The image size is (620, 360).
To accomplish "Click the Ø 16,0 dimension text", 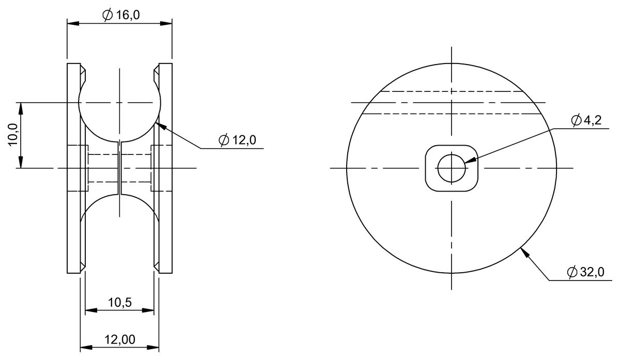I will [121, 15].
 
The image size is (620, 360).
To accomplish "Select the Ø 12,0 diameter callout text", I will [237, 140].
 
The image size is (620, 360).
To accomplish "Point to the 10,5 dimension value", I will [119, 302].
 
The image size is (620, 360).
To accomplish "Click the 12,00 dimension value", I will [120, 339].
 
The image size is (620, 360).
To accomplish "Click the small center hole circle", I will [451, 168].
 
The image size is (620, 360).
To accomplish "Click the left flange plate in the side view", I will [73, 168].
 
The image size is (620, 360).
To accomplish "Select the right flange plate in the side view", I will [165, 168].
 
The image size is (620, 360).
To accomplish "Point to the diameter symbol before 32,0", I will [571, 272].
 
